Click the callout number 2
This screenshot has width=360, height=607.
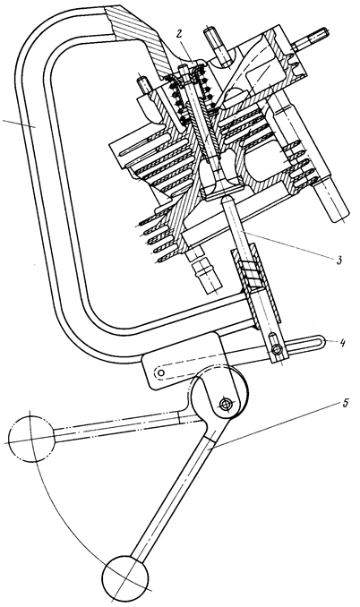click(x=178, y=34)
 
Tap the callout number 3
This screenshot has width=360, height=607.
click(x=339, y=260)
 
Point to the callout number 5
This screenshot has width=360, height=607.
click(x=346, y=404)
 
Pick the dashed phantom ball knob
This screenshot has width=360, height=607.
click(x=31, y=439)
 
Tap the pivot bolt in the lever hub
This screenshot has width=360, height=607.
click(x=225, y=405)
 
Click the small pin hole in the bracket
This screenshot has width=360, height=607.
click(x=161, y=372)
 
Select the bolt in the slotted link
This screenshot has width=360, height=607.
click(x=276, y=349)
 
